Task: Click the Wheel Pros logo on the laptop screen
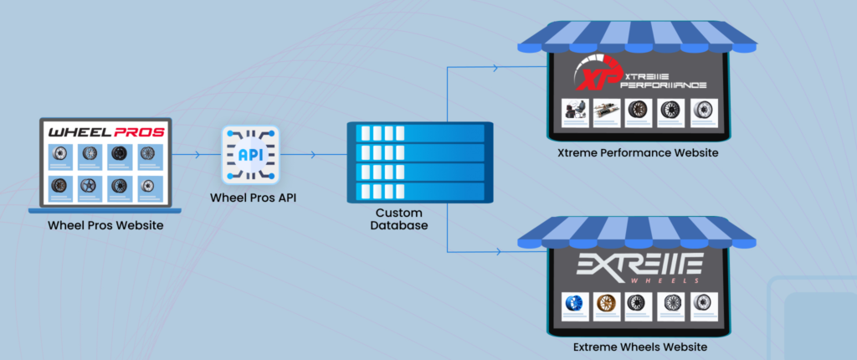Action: [105, 132]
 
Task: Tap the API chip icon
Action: [249, 155]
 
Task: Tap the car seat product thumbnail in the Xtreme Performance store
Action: [573, 113]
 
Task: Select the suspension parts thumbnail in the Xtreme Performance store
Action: [605, 113]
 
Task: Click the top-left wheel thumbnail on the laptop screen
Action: [59, 155]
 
